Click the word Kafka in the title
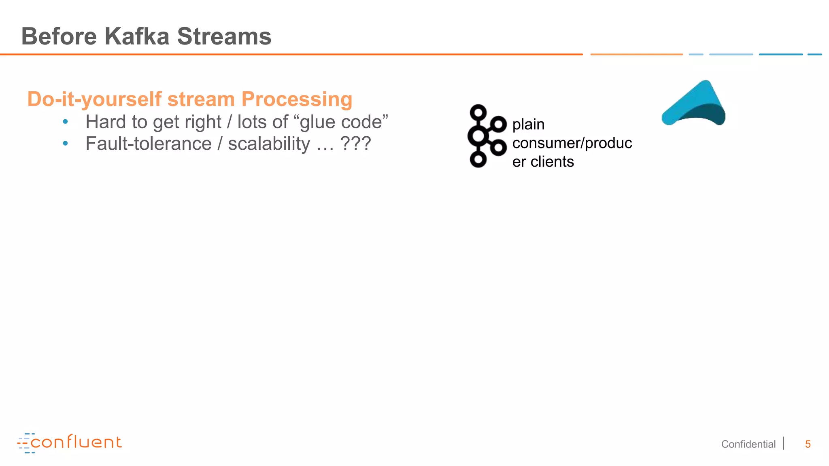(137, 36)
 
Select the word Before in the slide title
(59, 36)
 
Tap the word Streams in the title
(224, 36)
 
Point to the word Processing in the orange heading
(297, 99)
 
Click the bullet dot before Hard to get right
(66, 121)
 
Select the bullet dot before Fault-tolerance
(66, 143)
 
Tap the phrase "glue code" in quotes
(344, 122)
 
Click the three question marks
(355, 144)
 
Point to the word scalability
(269, 144)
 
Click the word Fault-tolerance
(149, 144)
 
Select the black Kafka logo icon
(486, 136)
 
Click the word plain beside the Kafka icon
(528, 125)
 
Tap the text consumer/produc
(572, 143)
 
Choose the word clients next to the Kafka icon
(552, 161)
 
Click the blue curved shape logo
(693, 104)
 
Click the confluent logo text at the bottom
(76, 442)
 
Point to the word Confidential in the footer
(748, 444)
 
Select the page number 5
(808, 444)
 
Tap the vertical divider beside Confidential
(784, 443)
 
